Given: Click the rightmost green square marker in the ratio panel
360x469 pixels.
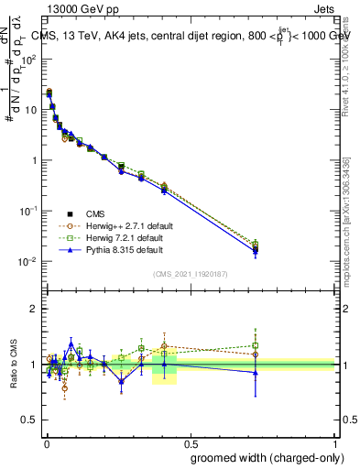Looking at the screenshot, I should (x=256, y=345).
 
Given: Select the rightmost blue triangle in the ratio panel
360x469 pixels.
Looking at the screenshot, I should (x=256, y=373).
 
